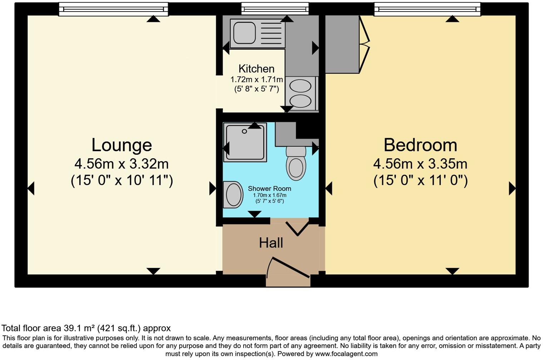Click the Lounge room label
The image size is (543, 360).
[x=121, y=145]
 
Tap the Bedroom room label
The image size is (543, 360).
[x=420, y=145]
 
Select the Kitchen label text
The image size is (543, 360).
[x=256, y=69]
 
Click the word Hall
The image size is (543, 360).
[x=271, y=243]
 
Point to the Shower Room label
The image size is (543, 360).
[x=269, y=189]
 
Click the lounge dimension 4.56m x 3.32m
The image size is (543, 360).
[x=121, y=164]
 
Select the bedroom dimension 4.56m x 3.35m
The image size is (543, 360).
[x=420, y=164]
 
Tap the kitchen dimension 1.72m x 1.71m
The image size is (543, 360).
[x=256, y=80]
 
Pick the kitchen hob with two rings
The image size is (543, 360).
[x=300, y=94]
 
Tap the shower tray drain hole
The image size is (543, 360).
[x=244, y=131]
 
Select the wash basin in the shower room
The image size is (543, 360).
[x=233, y=195]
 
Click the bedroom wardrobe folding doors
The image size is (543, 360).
[x=364, y=45]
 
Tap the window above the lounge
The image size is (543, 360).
[x=113, y=9]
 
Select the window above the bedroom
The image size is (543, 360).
[x=427, y=9]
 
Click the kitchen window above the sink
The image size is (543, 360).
[x=275, y=8]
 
